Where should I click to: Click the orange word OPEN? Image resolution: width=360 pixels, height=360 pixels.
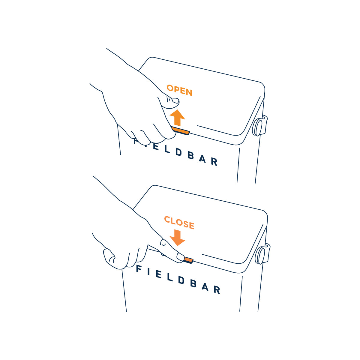(x=179, y=90)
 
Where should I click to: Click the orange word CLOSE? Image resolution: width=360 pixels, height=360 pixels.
(x=179, y=223)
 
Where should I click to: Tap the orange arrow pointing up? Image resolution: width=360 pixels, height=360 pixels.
(x=177, y=118)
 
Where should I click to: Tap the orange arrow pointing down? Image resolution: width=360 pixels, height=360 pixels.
(x=177, y=238)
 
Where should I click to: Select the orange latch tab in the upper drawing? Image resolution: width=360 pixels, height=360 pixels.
(x=181, y=130)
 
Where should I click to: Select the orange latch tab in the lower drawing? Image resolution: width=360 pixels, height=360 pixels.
(x=188, y=260)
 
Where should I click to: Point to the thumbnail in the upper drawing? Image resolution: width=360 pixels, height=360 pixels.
(x=175, y=101)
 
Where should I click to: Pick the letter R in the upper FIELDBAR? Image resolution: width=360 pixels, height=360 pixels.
(x=214, y=162)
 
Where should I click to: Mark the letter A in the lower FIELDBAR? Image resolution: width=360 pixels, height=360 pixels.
(x=205, y=287)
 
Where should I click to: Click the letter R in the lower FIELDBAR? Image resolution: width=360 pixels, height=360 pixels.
(x=217, y=290)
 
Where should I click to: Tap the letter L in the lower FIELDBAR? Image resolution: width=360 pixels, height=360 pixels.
(x=170, y=277)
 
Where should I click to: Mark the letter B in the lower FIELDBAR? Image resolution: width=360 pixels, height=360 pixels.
(x=193, y=283)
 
